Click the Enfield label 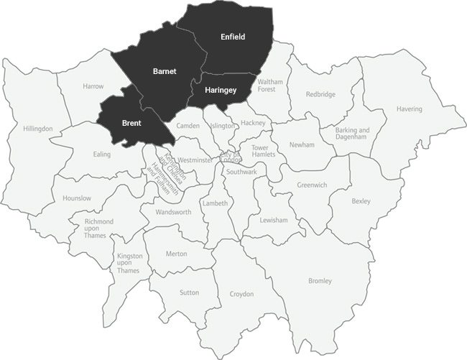point(233,37)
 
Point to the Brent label point(131,124)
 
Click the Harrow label point(93,86)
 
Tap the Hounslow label point(77,198)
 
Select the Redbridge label point(320,94)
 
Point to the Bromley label point(320,280)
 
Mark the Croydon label point(241,294)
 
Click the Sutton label point(190,292)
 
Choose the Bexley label point(361,201)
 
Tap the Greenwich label point(312,185)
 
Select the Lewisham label point(274,219)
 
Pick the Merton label point(176,254)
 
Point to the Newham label point(302,144)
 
